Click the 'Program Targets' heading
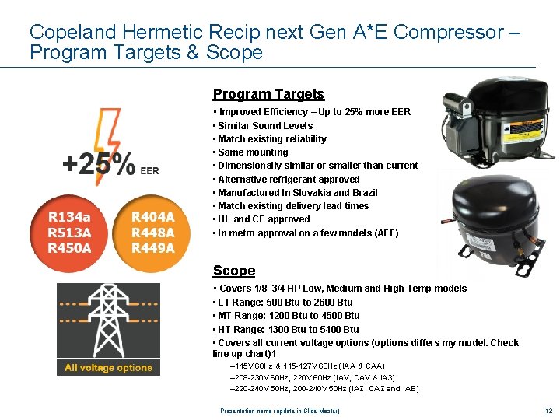click(268, 94)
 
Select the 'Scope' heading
click(234, 271)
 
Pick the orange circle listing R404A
click(152, 233)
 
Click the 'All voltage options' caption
click(108, 368)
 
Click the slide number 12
click(548, 410)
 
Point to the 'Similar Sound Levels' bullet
click(265, 125)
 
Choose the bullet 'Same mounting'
click(253, 152)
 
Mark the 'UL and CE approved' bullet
click(264, 219)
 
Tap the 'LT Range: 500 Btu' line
click(285, 302)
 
